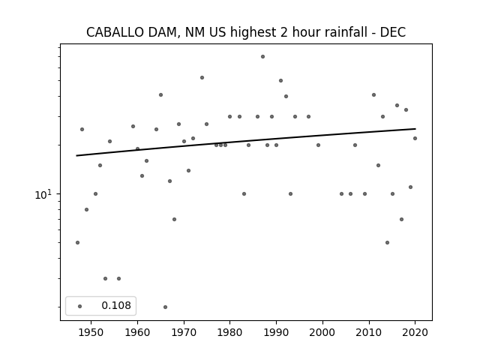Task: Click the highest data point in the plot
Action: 262,57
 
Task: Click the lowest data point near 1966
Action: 165,307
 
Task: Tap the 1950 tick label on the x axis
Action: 91,333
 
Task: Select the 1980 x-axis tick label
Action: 230,333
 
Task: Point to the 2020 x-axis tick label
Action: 415,333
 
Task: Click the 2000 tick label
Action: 322,333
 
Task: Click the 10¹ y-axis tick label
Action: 44,195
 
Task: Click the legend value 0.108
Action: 116,305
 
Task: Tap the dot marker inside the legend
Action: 80,306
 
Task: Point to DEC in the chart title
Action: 393,32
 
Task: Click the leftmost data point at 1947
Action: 77,243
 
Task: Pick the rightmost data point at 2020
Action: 415,138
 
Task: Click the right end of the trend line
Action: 415,128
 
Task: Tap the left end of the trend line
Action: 76,156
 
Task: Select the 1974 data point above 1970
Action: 202,78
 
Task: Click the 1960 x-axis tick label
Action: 137,333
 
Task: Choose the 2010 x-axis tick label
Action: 369,333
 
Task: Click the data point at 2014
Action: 387,243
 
